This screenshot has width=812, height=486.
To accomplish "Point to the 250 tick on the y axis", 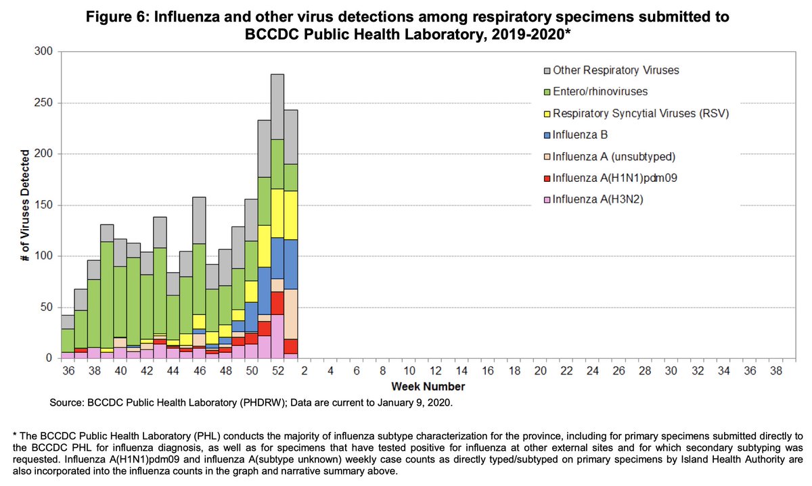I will point(44,103).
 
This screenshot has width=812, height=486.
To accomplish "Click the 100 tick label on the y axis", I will point(44,256).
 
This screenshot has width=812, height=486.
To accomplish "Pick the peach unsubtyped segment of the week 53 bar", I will point(291,314).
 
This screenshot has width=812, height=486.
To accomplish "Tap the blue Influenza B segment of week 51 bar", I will point(265,291).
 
